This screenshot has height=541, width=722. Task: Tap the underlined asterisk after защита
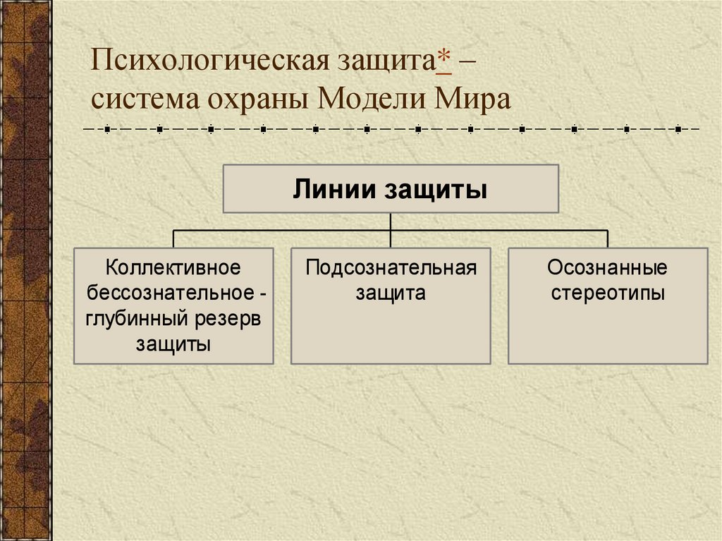(x=444, y=60)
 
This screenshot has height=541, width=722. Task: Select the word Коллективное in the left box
(x=173, y=267)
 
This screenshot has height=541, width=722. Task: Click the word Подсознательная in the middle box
(x=391, y=267)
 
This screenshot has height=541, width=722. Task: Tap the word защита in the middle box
(x=391, y=293)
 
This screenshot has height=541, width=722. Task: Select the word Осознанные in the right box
(x=607, y=267)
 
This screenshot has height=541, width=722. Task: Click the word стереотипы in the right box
(x=607, y=293)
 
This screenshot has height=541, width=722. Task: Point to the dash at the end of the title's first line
(x=468, y=62)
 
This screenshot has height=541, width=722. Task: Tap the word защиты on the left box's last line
(x=173, y=344)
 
